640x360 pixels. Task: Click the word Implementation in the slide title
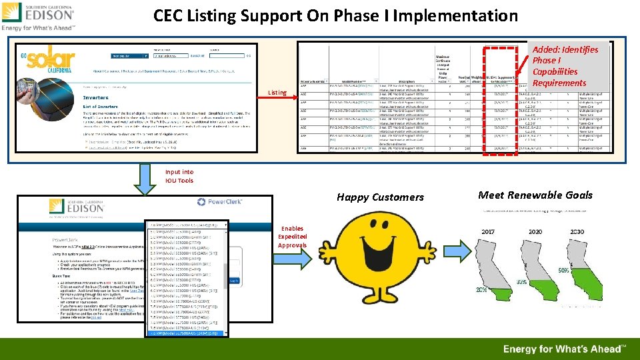pyautogui.click(x=453, y=15)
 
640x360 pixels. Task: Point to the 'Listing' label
pyautogui.click(x=277, y=93)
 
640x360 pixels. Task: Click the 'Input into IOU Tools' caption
pyautogui.click(x=179, y=176)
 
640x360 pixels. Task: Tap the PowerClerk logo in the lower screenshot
pyautogui.click(x=224, y=201)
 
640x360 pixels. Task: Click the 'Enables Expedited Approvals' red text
pyautogui.click(x=293, y=236)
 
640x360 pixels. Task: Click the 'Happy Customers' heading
pyautogui.click(x=380, y=197)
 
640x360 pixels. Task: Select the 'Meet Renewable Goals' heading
pyautogui.click(x=535, y=195)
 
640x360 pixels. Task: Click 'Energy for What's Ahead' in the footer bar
pyautogui.click(x=564, y=349)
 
